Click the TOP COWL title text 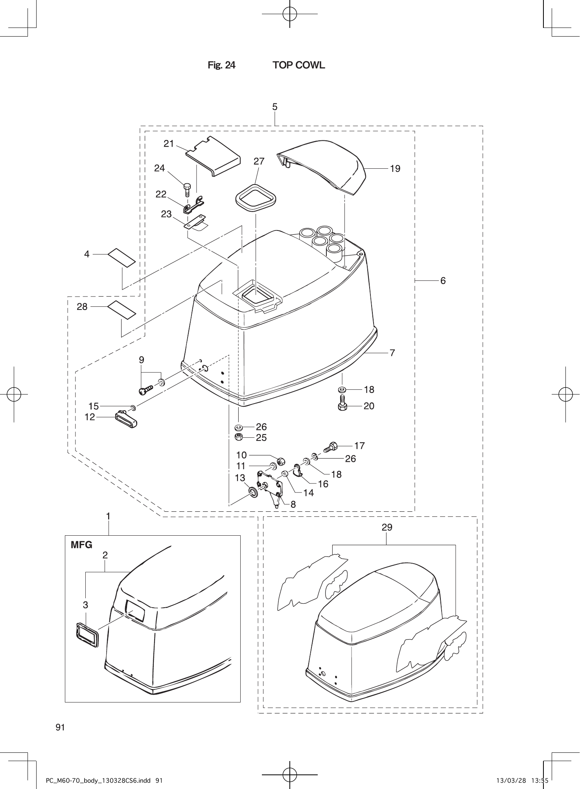(299, 65)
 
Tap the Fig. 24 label (221, 65)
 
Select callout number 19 (395, 169)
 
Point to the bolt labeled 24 (187, 190)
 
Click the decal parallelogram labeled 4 (122, 257)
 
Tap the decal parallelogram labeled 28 (122, 310)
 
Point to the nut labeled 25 (239, 437)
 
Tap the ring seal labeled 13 (252, 492)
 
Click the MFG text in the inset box (81, 545)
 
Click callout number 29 (387, 527)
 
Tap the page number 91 (60, 727)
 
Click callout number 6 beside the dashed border (443, 281)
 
